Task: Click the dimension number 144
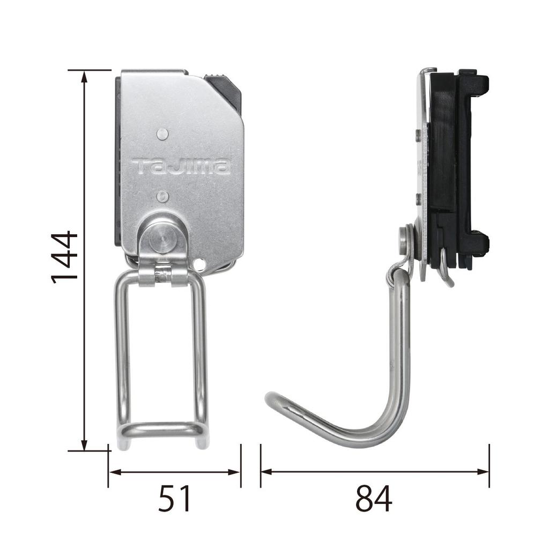point(64,257)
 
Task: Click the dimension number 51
point(175,498)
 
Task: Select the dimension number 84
point(374,498)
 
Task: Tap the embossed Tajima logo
point(181,167)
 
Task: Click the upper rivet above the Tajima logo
point(162,133)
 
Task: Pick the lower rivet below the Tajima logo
point(162,196)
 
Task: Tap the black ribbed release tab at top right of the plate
point(224,92)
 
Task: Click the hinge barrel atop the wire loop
point(163,276)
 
